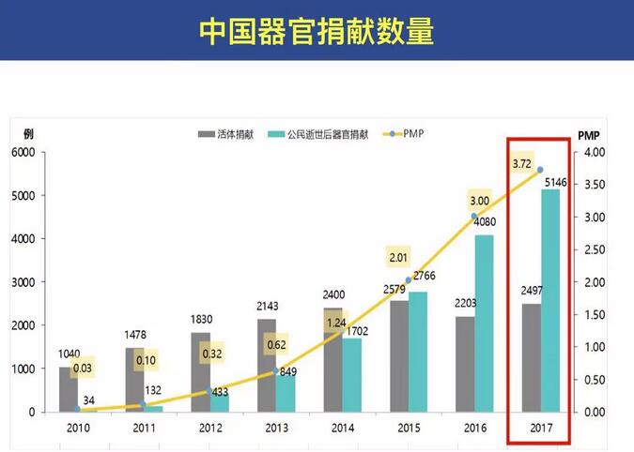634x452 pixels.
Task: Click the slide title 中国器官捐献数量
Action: (x=317, y=31)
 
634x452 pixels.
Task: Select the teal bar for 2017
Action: (x=549, y=300)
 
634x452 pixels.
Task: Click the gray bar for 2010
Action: (x=68, y=388)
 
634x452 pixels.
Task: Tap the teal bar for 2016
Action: (x=484, y=323)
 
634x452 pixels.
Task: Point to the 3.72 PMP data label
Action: (x=522, y=164)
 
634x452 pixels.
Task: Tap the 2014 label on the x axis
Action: (x=341, y=428)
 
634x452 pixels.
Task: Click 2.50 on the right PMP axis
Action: (x=595, y=249)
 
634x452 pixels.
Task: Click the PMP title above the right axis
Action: (x=590, y=133)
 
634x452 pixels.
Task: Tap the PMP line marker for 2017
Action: (x=540, y=170)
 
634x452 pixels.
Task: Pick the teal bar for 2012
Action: (x=219, y=401)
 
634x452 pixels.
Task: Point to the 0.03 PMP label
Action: (x=82, y=369)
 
